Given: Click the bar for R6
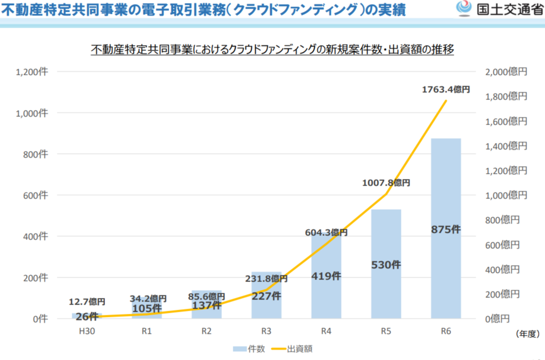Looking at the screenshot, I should pos(446,228).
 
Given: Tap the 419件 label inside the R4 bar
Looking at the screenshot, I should pos(326,276).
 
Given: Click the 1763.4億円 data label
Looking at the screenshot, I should pos(446,90).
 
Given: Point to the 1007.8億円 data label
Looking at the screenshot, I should pos(386,183).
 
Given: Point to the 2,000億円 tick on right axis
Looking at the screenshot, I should pos(506,72).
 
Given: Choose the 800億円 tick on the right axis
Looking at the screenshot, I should pos(502,220).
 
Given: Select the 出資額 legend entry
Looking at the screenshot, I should pos(296,349).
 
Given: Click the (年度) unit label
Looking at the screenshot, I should pos(528,334).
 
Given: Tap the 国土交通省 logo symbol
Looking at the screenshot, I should pos(464,9).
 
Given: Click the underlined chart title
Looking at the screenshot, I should pos(272,50).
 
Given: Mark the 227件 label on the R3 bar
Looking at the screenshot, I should pos(266,296).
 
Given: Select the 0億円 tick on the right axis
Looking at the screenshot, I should pos(498,319).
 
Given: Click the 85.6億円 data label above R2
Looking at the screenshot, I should pos(206,296).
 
